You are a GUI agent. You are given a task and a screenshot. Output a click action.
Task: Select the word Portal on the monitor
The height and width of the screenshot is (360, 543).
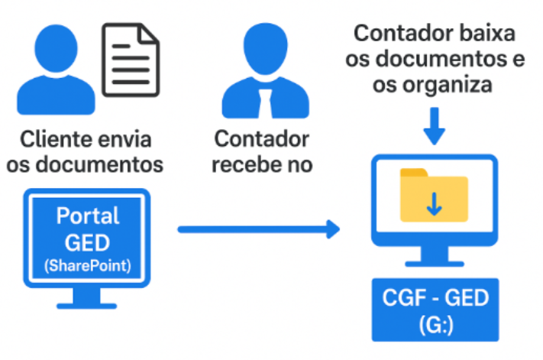[87, 216]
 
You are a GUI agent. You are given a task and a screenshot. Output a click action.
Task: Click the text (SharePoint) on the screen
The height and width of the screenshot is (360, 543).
[87, 266]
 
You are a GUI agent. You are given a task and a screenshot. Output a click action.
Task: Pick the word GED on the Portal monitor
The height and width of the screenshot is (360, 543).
[87, 242]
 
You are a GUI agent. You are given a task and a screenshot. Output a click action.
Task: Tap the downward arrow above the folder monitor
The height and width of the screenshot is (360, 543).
[435, 126]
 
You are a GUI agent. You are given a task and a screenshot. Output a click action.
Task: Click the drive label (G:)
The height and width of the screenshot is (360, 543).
[435, 324]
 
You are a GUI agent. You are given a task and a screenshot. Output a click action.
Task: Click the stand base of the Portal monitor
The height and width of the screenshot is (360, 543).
[87, 305]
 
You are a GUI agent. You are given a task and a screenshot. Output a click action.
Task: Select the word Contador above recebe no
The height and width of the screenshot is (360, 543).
[263, 140]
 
